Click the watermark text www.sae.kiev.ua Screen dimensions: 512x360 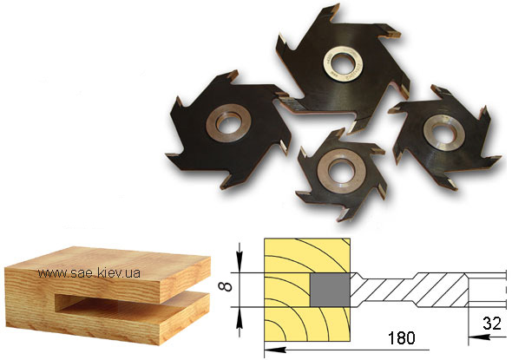click(89, 272)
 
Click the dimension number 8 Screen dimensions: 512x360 click(226, 287)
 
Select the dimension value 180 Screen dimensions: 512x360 click(401, 338)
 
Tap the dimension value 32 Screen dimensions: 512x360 click(492, 324)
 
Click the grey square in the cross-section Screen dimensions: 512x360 click(330, 290)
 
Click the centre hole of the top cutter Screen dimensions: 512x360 click(342, 62)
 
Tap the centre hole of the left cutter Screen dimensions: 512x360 click(228, 122)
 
